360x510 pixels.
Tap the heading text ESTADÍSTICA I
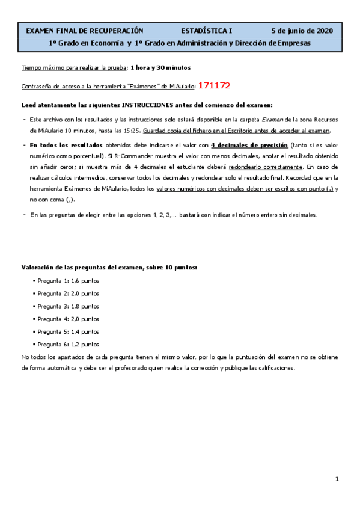pyautogui.click(x=206, y=31)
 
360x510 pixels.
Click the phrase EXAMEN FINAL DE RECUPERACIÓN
pyautogui.click(x=85, y=31)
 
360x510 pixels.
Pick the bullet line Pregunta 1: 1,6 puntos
pyautogui.click(x=68, y=281)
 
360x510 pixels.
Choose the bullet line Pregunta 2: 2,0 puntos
pyautogui.click(x=68, y=294)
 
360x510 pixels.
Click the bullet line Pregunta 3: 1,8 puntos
pyautogui.click(x=68, y=307)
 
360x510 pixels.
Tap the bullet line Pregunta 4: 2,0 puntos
pyautogui.click(x=68, y=319)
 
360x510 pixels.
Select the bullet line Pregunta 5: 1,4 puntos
pyautogui.click(x=68, y=332)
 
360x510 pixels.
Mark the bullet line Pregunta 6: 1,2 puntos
pyautogui.click(x=68, y=345)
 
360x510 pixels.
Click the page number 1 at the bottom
pyautogui.click(x=337, y=479)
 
